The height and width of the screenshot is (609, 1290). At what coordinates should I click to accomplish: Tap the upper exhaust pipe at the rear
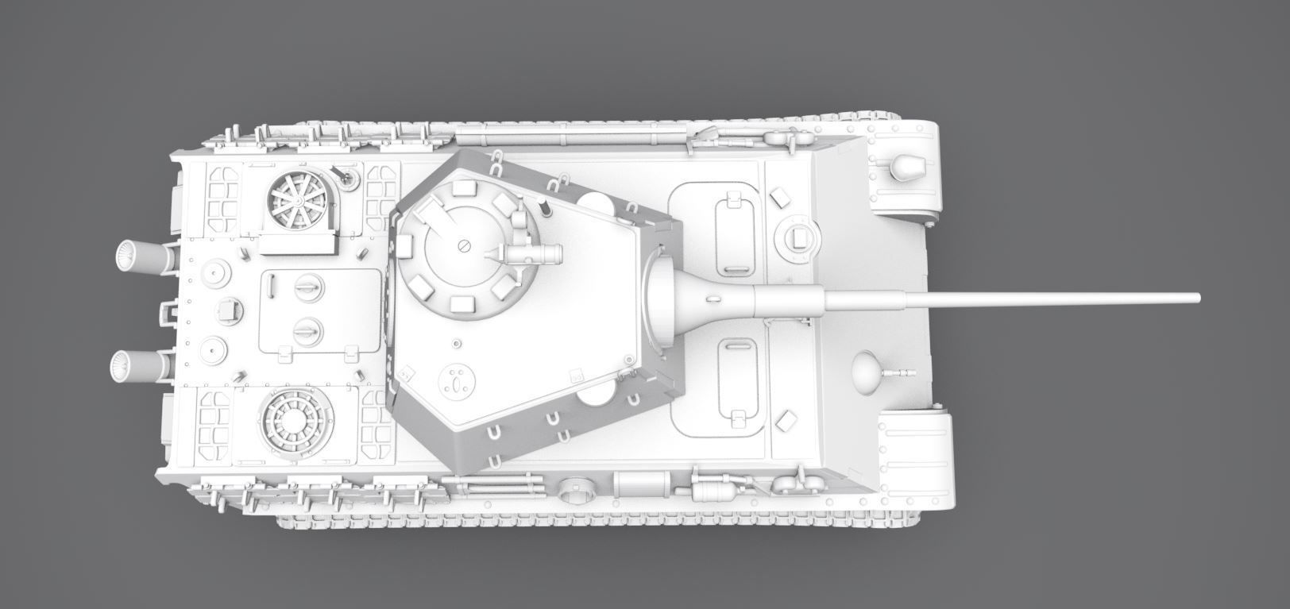pos(143,256)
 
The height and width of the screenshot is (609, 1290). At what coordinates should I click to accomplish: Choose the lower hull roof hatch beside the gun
pos(736,378)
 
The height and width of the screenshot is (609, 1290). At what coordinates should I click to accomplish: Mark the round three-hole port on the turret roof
pos(457,382)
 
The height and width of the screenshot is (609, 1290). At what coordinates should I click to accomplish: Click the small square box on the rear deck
pos(230,310)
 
